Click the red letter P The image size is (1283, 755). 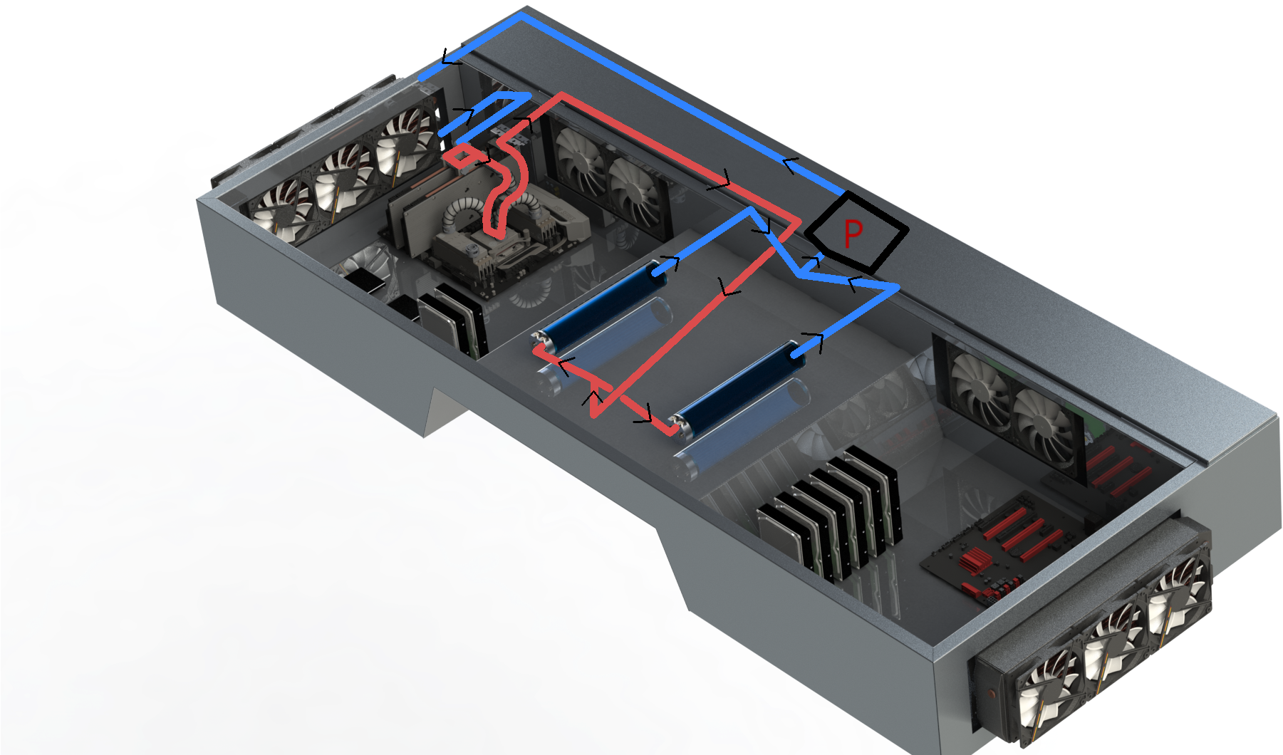[852, 233]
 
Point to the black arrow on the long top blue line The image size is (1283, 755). [789, 165]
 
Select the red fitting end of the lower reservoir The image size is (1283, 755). [675, 425]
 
